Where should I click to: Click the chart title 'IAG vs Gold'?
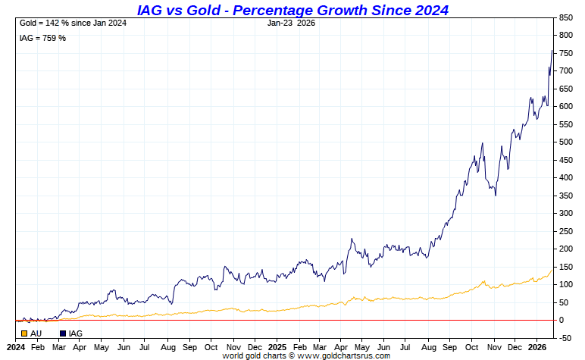(292, 10)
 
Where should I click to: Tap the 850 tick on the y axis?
(566, 17)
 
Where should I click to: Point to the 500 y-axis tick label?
(566, 142)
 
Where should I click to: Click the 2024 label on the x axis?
(16, 346)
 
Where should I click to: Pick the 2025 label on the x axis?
(277, 346)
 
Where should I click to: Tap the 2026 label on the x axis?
(537, 346)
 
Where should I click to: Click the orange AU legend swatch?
(24, 333)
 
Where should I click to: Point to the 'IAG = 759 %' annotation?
(42, 38)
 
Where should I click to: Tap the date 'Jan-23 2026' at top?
(291, 23)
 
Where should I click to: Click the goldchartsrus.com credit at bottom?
(306, 355)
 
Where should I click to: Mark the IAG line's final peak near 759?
(552, 51)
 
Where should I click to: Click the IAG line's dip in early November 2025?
(496, 195)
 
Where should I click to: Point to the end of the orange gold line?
(552, 270)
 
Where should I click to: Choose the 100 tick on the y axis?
(566, 284)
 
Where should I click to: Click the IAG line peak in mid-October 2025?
(482, 143)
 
